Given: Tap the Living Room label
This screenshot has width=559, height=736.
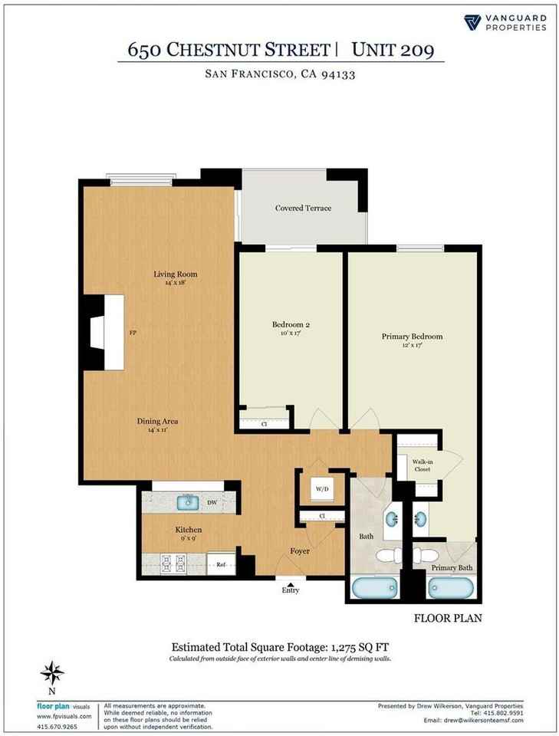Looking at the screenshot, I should [x=176, y=274].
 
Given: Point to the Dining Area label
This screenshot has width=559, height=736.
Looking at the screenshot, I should [x=158, y=421].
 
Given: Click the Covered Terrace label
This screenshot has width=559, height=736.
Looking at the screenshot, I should [x=303, y=208].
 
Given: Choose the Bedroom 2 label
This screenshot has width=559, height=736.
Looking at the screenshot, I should [x=291, y=324].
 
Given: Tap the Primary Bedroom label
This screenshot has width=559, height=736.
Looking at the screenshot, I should [x=412, y=336].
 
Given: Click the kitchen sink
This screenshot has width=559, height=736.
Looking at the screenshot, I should [x=187, y=502].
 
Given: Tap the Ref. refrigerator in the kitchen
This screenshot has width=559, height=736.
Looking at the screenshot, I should [x=219, y=564].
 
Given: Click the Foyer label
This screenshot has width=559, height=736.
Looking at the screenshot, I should [x=300, y=550].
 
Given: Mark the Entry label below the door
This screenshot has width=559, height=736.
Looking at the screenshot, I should [x=291, y=590].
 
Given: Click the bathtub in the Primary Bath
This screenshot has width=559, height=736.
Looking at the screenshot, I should [x=449, y=589].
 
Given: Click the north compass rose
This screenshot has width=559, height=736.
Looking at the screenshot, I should [x=51, y=674].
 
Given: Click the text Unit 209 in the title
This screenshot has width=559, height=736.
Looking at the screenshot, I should [x=393, y=51].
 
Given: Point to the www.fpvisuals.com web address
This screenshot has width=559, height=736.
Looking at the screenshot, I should [x=64, y=715].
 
